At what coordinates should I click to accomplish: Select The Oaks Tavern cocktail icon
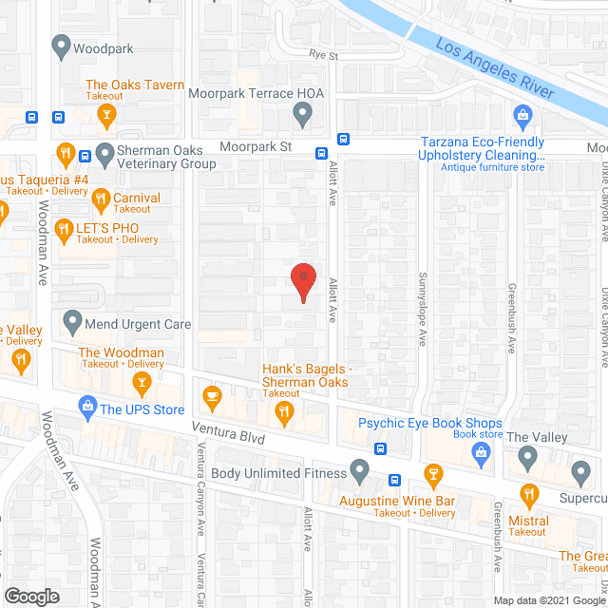[x=107, y=116]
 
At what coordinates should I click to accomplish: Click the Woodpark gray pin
[x=62, y=44]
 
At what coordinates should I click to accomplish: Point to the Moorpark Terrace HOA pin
[x=302, y=116]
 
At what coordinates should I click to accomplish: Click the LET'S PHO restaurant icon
[x=65, y=228]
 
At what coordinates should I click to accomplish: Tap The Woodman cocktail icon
[x=142, y=382]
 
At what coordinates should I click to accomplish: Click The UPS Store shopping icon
[x=88, y=408]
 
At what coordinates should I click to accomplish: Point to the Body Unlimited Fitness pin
[x=359, y=469]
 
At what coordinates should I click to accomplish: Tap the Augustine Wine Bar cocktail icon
[x=432, y=474]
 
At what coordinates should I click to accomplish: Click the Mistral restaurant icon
[x=530, y=493]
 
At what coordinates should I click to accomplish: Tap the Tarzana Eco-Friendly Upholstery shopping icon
[x=522, y=117]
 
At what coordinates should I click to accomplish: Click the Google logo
[x=31, y=596]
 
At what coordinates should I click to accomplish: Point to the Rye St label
[x=324, y=56]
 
